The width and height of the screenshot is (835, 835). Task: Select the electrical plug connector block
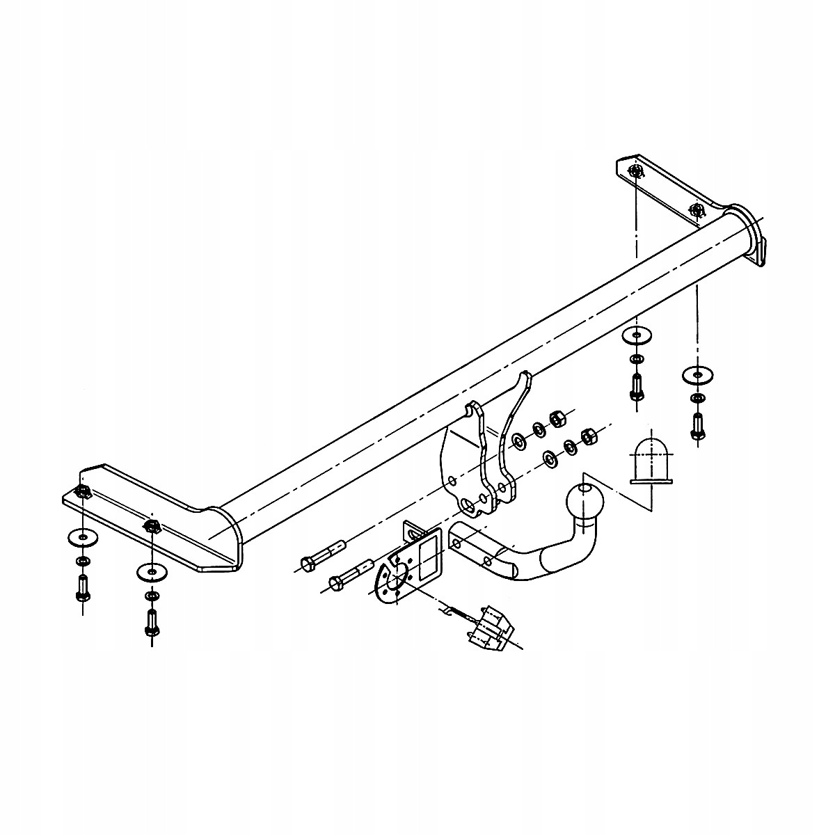(x=491, y=626)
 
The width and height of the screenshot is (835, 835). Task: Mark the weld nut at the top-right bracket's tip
(x=634, y=171)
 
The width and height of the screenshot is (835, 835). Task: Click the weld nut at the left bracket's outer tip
(x=81, y=492)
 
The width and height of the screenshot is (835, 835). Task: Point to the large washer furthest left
(x=82, y=538)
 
